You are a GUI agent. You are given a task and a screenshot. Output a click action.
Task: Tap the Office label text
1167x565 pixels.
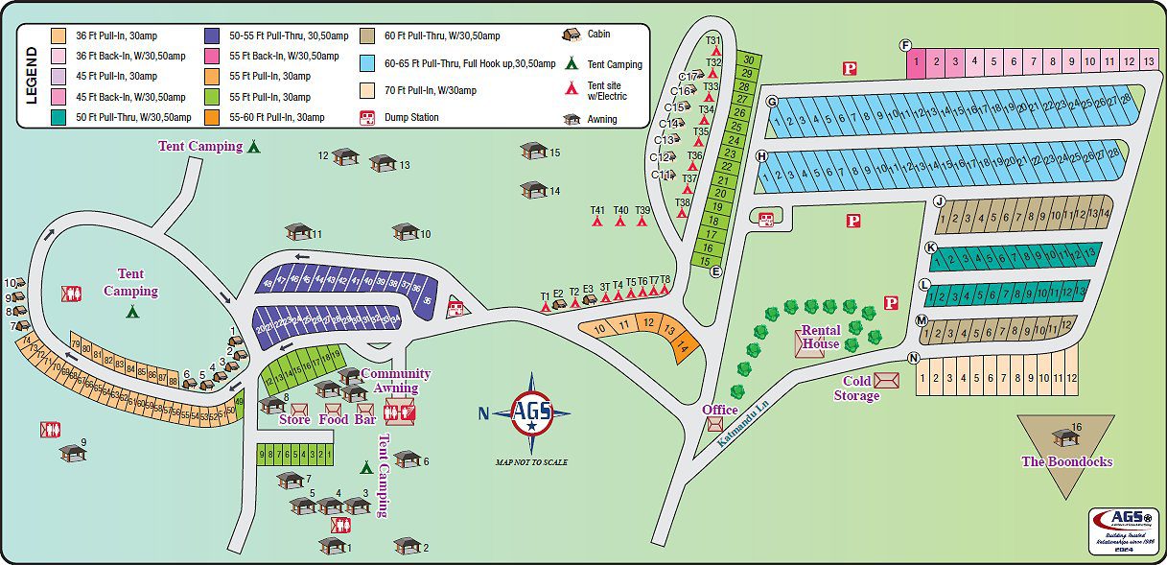(x=719, y=410)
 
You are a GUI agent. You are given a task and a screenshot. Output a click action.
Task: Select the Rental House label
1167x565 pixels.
(x=821, y=338)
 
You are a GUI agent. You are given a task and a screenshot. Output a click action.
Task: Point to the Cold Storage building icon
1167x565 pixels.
(x=887, y=381)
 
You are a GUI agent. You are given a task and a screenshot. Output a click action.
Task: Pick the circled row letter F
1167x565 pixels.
(x=905, y=46)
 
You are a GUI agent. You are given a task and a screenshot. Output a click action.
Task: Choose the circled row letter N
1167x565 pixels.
(x=914, y=358)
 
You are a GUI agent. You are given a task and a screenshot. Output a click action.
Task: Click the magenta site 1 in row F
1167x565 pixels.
(x=917, y=62)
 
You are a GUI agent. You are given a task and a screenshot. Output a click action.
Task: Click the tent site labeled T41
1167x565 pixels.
(x=597, y=218)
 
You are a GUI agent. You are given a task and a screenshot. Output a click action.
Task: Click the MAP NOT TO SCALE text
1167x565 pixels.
(x=531, y=462)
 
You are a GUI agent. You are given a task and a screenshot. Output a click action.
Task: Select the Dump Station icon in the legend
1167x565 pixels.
(x=366, y=117)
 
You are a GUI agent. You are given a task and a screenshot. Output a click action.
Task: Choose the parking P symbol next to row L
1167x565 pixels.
(x=890, y=303)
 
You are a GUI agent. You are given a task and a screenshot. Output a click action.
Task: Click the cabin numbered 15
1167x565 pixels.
(x=532, y=151)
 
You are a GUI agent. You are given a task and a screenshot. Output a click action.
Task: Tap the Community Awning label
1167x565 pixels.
(x=396, y=381)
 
